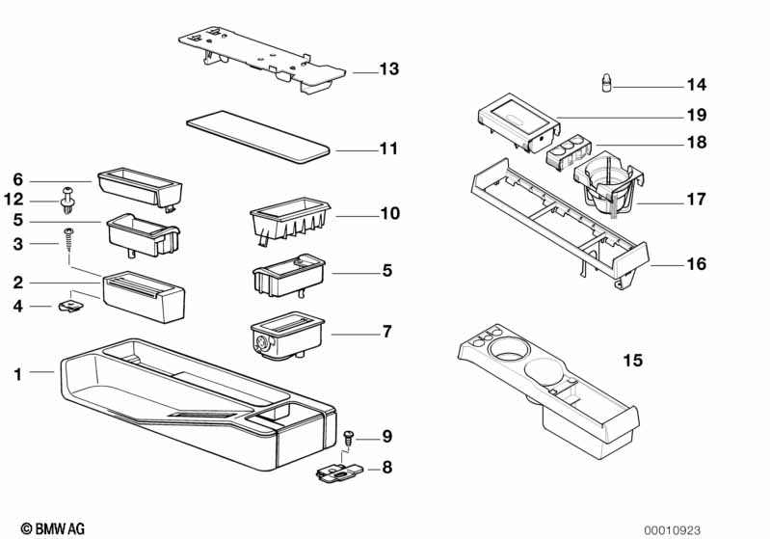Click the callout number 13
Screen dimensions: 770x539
click(x=389, y=68)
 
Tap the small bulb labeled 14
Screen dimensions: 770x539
click(x=607, y=83)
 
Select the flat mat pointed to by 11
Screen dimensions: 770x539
click(x=258, y=136)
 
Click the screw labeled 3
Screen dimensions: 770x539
click(x=68, y=240)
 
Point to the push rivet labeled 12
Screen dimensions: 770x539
click(x=67, y=201)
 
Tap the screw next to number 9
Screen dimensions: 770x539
click(x=348, y=437)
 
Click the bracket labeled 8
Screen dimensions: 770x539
click(x=339, y=472)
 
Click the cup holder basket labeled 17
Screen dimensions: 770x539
click(x=608, y=184)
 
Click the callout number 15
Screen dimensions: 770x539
click(x=632, y=361)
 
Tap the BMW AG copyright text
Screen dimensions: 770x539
click(x=53, y=528)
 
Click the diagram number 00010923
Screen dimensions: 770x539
click(x=673, y=530)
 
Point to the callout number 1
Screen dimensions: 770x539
click(x=18, y=374)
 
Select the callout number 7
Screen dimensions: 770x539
click(x=387, y=332)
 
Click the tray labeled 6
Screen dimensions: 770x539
click(x=140, y=189)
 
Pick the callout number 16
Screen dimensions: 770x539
click(x=697, y=264)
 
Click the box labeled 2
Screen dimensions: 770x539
click(x=144, y=296)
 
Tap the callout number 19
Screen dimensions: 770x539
click(x=697, y=115)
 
